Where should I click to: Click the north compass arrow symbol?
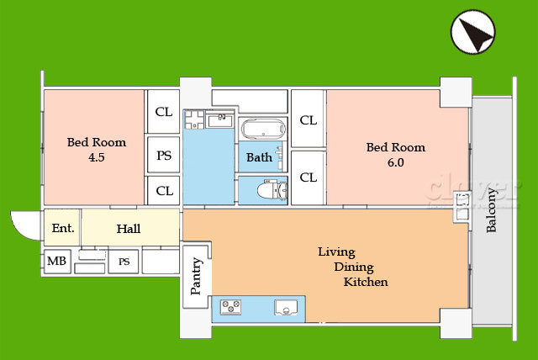pyautogui.click(x=472, y=32)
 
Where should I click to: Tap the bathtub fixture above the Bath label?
pyautogui.click(x=263, y=129)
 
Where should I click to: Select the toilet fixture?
pyautogui.click(x=272, y=190)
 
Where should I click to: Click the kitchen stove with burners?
pyautogui.click(x=230, y=307)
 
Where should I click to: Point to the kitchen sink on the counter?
pyautogui.click(x=286, y=307)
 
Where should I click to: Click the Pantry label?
pyautogui.click(x=196, y=276)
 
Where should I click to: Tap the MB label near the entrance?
pyautogui.click(x=56, y=261)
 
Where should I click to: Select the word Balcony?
pyautogui.click(x=491, y=210)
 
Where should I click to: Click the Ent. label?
pyautogui.click(x=63, y=228)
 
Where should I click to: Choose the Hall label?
pyautogui.click(x=129, y=229)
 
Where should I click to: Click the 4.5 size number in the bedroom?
pyautogui.click(x=97, y=157)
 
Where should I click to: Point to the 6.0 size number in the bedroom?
pyautogui.click(x=396, y=162)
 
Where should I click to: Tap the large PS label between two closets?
pyautogui.click(x=164, y=156)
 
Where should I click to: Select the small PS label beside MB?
pyautogui.click(x=124, y=262)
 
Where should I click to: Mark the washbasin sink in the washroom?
pyautogui.click(x=220, y=120)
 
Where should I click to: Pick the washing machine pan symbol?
pyautogui.click(x=194, y=119)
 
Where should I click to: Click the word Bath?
pyautogui.click(x=260, y=157)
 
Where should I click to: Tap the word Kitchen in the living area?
pyautogui.click(x=366, y=282)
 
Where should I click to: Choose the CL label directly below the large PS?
pyautogui.click(x=165, y=191)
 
